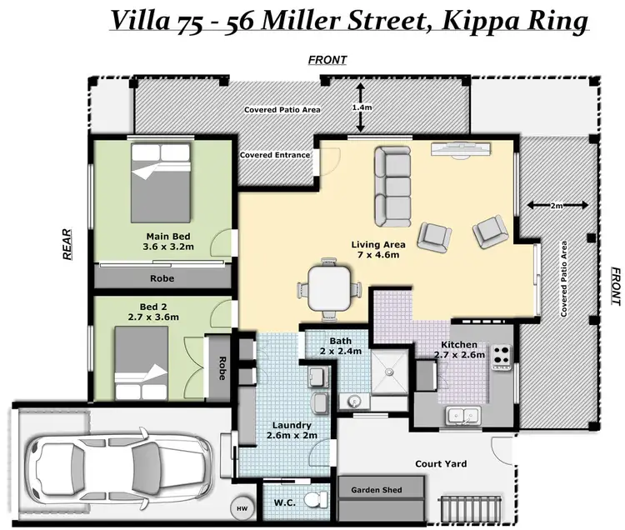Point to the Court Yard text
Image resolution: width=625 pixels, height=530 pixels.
click(x=441, y=463)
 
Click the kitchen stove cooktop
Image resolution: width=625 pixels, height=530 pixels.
click(x=502, y=357)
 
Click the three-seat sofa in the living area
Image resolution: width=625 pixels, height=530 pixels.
click(x=391, y=182)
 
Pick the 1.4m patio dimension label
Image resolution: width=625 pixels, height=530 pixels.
click(x=361, y=107)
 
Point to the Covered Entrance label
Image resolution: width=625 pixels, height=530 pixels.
click(x=275, y=155)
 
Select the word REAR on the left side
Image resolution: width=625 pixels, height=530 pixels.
click(x=71, y=246)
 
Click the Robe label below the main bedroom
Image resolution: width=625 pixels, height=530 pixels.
click(x=162, y=278)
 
